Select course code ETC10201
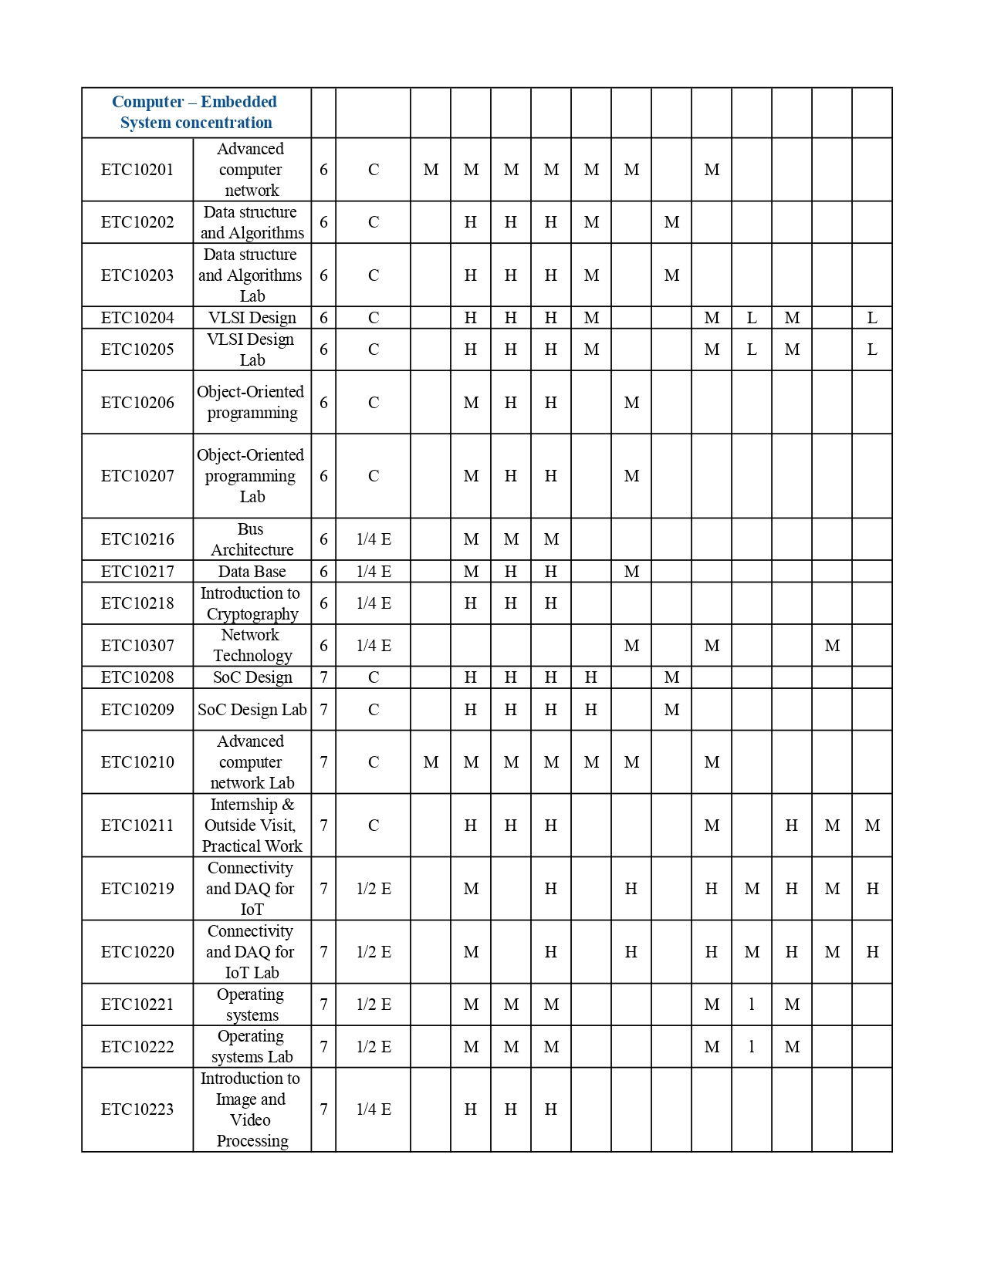tap(137, 170)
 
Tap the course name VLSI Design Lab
tap(252, 349)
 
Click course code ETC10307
tap(137, 646)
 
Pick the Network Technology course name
tap(252, 646)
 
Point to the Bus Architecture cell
tap(252, 539)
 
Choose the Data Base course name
tap(252, 572)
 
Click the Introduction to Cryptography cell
tap(252, 603)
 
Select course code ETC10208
tap(137, 677)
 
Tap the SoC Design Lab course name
tap(252, 710)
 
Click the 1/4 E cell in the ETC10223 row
tap(374, 1109)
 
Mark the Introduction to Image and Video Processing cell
tap(252, 1109)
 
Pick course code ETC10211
tap(137, 826)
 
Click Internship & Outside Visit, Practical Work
tap(252, 826)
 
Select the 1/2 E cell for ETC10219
tap(374, 889)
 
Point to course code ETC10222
tap(137, 1047)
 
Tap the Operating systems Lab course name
tap(252, 1047)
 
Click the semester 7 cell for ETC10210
tap(323, 762)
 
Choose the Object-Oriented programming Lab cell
tap(252, 476)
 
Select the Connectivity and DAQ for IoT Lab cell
tap(252, 952)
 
